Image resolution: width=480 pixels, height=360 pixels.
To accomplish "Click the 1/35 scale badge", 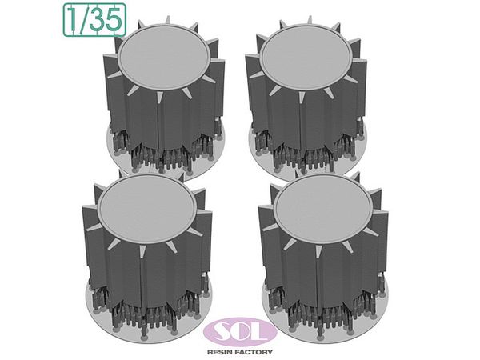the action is point(94,20).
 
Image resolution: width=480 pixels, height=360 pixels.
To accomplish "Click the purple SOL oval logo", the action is point(240,332).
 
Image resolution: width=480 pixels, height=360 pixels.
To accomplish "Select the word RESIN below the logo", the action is point(219,352).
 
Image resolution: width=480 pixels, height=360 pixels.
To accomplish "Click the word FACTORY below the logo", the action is point(253,352).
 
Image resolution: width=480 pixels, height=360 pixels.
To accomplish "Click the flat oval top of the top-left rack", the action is point(163,57).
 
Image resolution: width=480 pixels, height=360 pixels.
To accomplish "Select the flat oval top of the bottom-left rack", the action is point(146,208).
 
